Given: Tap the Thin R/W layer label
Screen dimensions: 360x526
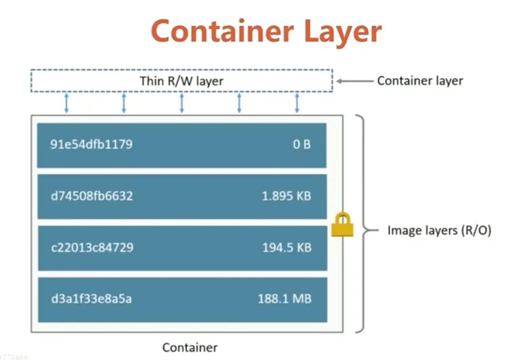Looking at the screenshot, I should coord(182,81).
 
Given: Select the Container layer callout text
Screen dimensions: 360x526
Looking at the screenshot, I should coord(420,81).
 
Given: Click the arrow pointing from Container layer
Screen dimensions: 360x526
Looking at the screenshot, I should coord(354,81).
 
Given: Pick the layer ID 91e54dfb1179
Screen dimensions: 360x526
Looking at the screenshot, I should coord(92,145).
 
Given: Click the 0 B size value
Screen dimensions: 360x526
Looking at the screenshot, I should coord(302,145).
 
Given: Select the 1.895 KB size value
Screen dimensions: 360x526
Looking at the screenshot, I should coord(286,196).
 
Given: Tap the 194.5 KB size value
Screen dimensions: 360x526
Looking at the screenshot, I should coord(287,247).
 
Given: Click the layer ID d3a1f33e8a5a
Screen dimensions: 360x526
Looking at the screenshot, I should coord(92,299).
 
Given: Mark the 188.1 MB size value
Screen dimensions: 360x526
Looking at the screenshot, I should coord(284,299).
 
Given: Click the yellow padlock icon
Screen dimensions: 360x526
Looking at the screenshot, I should coord(342,224).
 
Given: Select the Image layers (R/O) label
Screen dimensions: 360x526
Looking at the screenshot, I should coord(439,230).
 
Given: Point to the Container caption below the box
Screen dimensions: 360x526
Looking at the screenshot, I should coord(189,348).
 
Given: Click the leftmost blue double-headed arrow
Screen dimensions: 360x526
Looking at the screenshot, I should coord(67,103).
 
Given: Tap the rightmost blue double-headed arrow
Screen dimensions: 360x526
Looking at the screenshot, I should coord(297,103).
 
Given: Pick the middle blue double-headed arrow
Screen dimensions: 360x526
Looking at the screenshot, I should coord(182,103).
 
